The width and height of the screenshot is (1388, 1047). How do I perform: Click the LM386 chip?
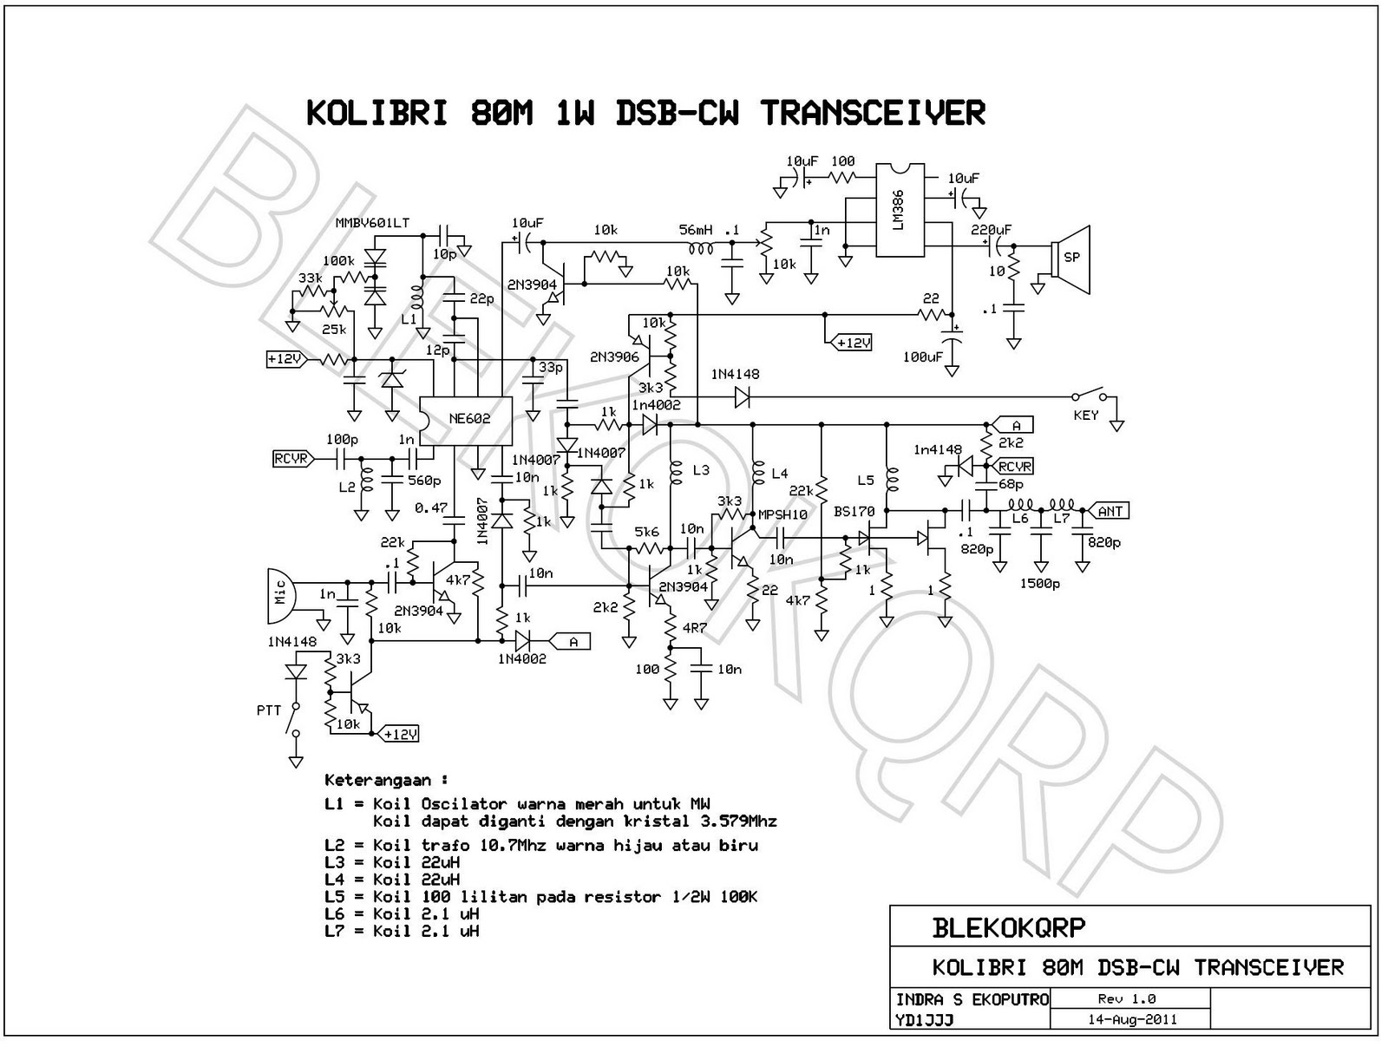[x=898, y=211]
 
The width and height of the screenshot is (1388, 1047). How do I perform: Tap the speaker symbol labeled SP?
[x=1072, y=258]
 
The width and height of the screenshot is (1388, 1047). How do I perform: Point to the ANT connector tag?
[x=1110, y=511]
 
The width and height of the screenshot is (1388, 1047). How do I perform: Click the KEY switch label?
[x=1085, y=416]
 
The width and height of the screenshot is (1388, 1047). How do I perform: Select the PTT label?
[x=269, y=710]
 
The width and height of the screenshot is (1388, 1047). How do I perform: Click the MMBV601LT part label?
[x=372, y=223]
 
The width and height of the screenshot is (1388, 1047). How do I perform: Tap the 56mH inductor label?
[x=696, y=230]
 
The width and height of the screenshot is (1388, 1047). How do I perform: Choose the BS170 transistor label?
[x=854, y=512]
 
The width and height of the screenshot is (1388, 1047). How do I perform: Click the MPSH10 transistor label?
[x=782, y=514]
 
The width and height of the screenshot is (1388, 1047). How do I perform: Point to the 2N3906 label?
[x=614, y=357]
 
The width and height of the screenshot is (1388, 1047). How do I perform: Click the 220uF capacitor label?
[x=992, y=230]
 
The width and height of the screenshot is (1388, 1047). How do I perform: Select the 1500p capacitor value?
[x=1039, y=584]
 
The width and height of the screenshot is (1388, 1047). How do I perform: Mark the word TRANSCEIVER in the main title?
[x=873, y=114]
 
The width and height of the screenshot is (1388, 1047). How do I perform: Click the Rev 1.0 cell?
[x=1126, y=999]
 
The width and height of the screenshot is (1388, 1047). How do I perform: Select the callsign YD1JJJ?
[x=924, y=1021]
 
